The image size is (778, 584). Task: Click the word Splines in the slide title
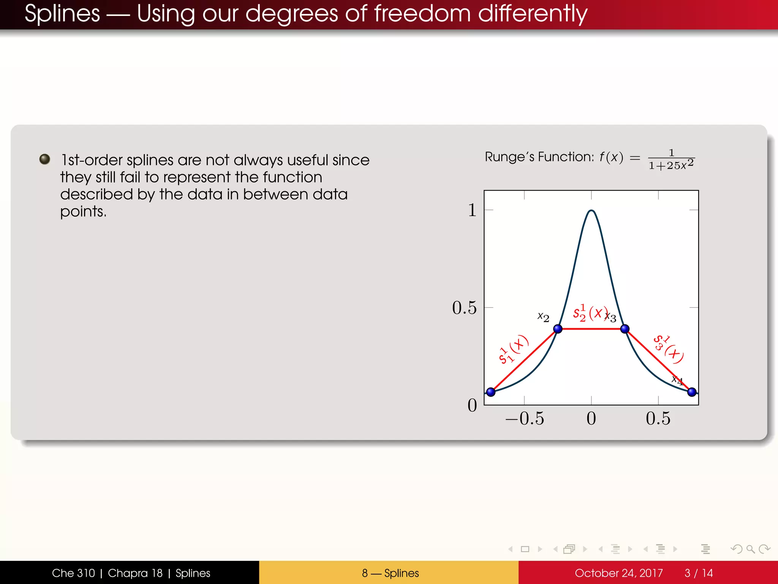point(62,14)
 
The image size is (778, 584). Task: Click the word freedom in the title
point(422,14)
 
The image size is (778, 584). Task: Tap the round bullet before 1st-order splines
point(45,159)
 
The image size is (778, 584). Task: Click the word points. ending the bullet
point(83,212)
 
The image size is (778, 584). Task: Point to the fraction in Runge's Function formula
point(671,160)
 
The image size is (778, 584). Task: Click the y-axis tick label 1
point(472,210)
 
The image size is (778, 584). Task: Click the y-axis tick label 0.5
point(464,308)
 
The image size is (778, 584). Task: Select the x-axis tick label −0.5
point(524,419)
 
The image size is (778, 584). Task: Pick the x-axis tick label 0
point(591,419)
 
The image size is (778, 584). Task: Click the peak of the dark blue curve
point(591,210)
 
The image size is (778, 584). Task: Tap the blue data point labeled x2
point(558,329)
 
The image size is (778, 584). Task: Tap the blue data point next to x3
point(625,329)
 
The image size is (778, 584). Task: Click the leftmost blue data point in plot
point(491,392)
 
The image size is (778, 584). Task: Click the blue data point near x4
point(692,392)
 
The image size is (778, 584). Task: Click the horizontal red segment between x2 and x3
point(591,329)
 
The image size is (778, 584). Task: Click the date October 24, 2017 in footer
point(618,573)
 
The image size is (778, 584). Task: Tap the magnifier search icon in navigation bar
point(751,549)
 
